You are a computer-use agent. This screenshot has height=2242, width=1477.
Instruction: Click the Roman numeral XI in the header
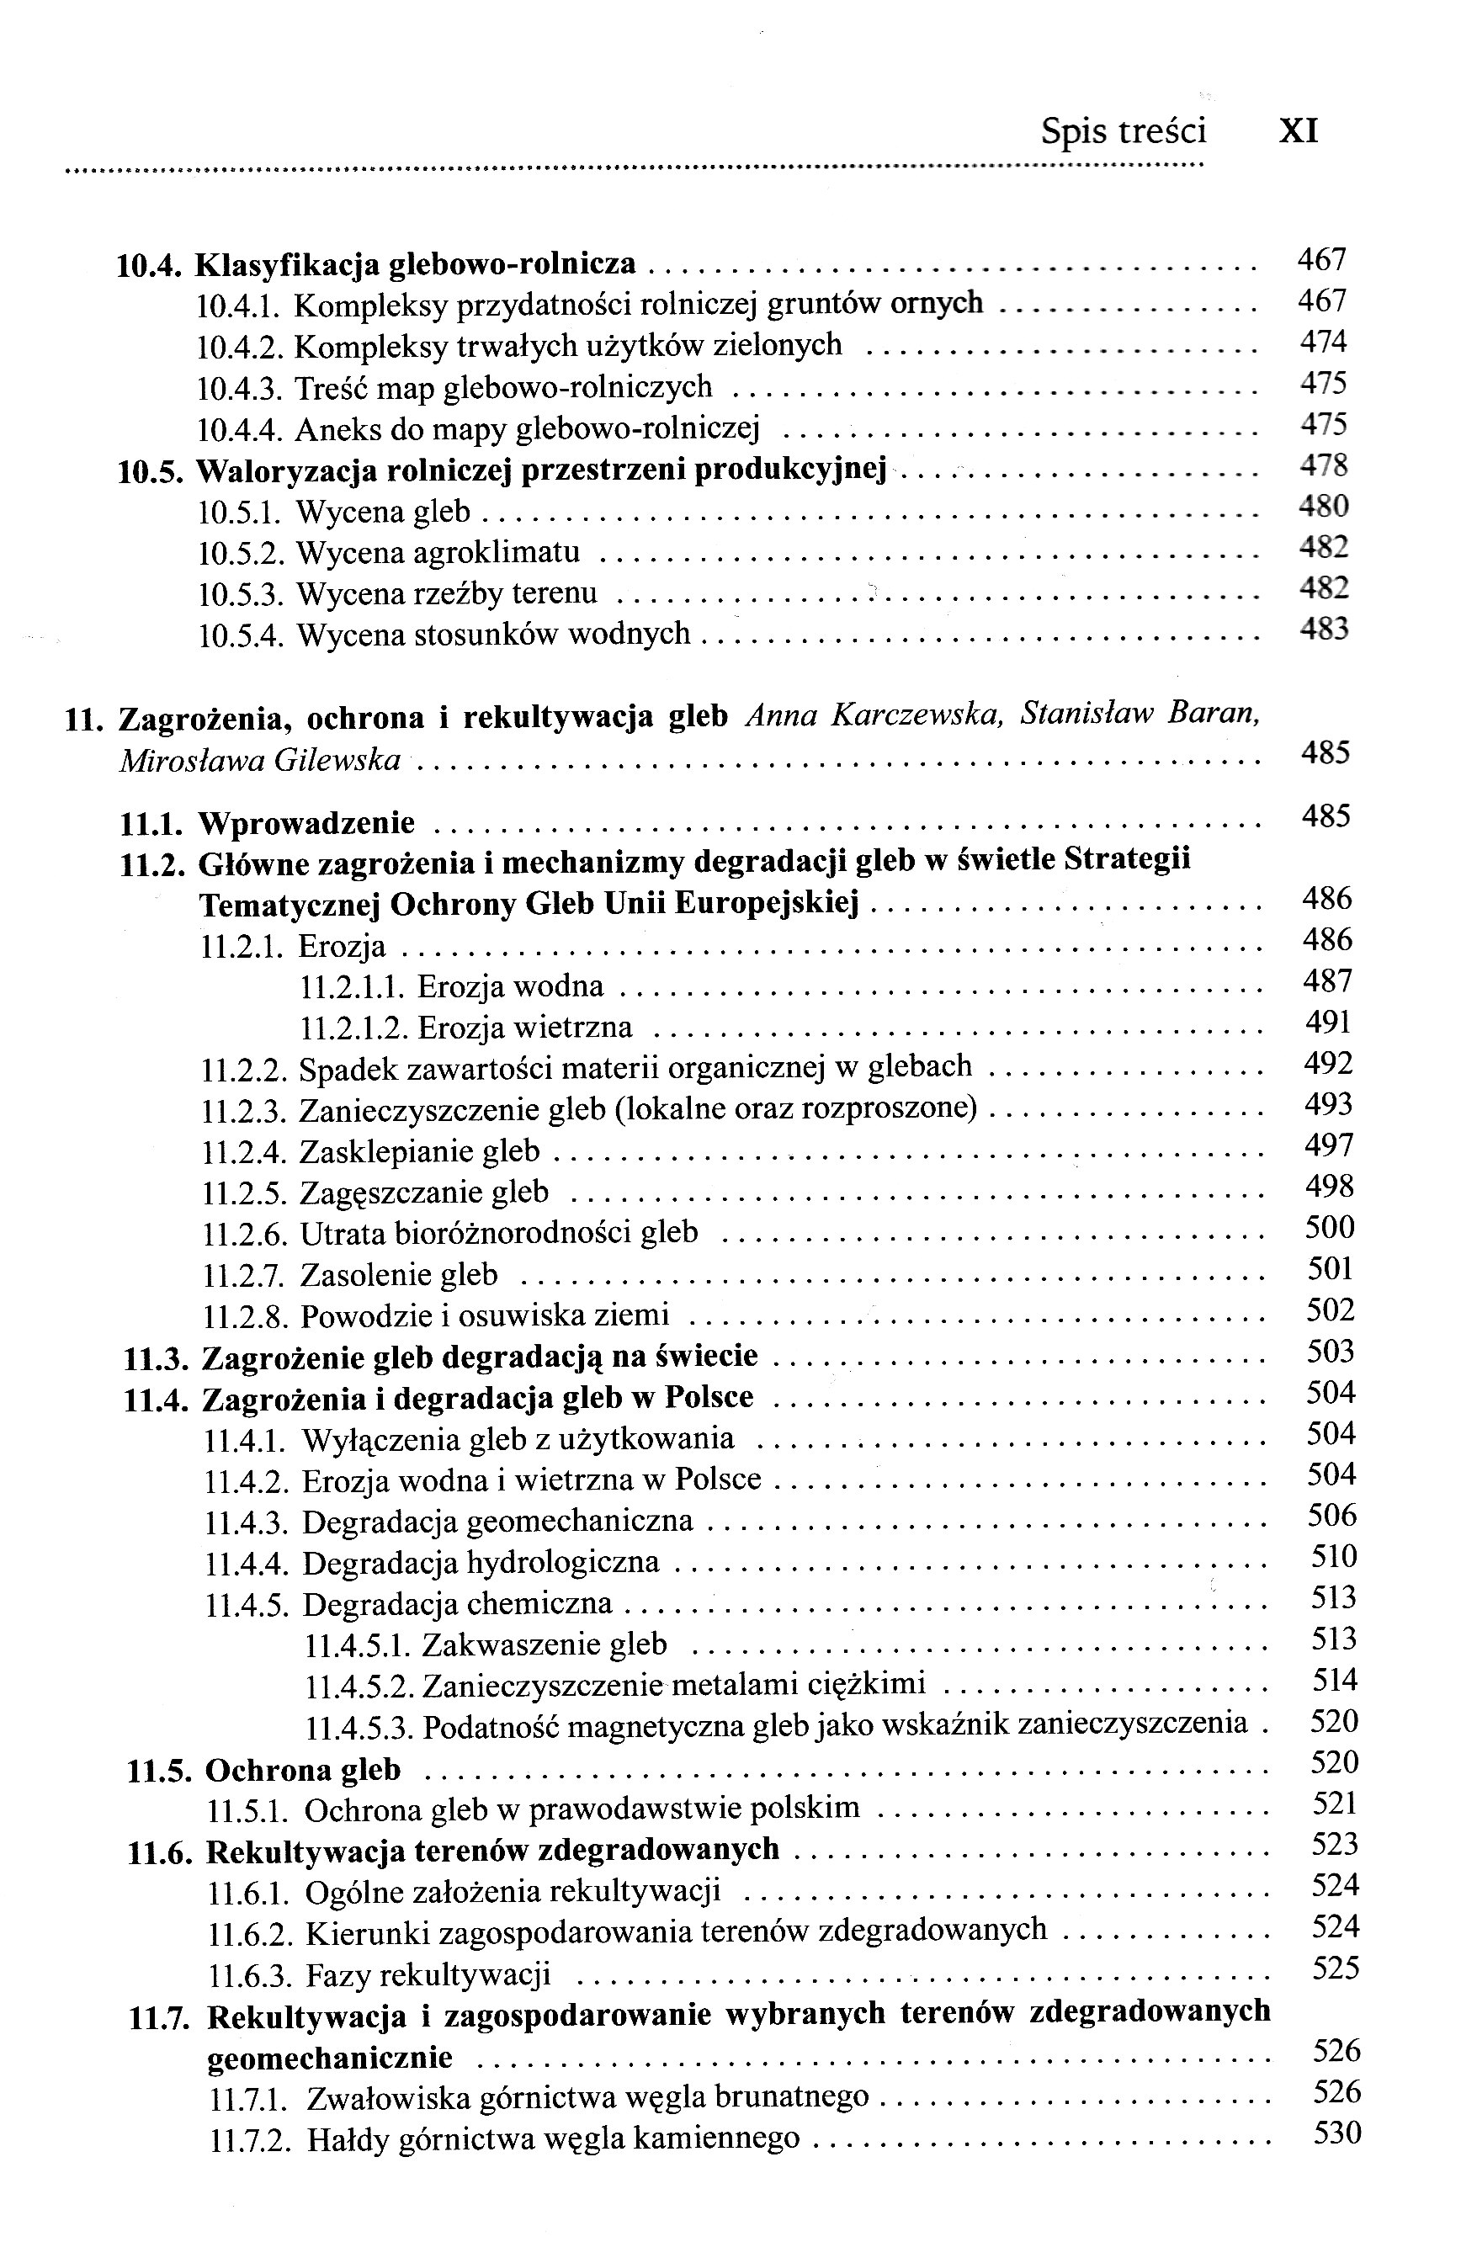(x=1298, y=131)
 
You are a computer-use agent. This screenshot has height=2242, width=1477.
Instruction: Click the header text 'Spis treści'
(x=1123, y=131)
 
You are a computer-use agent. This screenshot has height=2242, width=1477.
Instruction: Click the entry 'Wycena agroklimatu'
(x=438, y=552)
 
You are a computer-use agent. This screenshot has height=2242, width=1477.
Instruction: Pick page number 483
(x=1325, y=629)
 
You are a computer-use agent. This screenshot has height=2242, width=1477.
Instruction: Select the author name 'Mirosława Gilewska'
(x=260, y=760)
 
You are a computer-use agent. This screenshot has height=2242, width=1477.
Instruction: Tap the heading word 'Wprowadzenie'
(x=306, y=822)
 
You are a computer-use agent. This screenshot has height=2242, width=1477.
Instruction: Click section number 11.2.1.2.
(x=353, y=1028)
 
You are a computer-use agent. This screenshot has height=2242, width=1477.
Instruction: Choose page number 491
(x=1328, y=1022)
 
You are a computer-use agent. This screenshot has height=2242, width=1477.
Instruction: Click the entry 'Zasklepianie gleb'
(x=420, y=1151)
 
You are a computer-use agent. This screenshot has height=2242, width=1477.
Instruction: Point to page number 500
(x=1330, y=1227)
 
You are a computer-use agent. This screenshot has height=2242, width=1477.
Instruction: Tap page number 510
(x=1334, y=1556)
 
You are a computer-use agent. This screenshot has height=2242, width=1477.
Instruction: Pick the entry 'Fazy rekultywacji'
(x=428, y=1974)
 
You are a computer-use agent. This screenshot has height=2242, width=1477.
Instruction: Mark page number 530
(x=1337, y=2133)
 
